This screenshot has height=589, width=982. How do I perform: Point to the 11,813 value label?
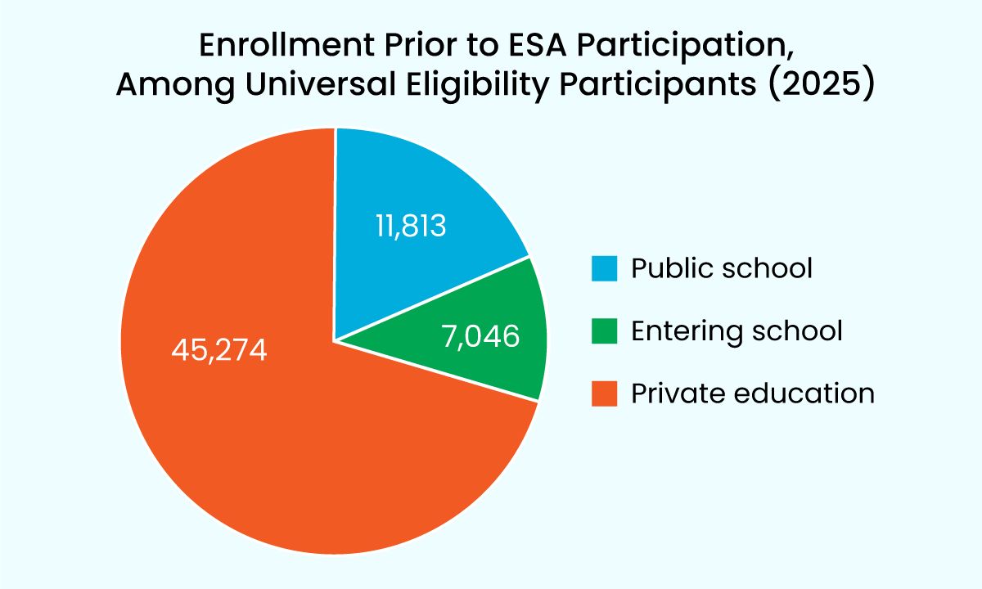pos(411,226)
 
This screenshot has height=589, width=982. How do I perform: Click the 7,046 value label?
pos(481,336)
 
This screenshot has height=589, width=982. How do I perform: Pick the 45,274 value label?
pos(219,351)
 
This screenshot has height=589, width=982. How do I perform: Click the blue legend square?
pos(604,268)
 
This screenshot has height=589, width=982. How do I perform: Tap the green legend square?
pos(604,330)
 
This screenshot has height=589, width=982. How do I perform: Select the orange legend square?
pos(604,393)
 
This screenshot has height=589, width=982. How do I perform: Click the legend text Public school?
pos(722,268)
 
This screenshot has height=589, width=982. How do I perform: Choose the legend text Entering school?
pos(736,330)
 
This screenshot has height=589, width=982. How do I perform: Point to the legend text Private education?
pos(753,393)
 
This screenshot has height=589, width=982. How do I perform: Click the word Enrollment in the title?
pos(287,45)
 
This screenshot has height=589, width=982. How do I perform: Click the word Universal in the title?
pos(321,83)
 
